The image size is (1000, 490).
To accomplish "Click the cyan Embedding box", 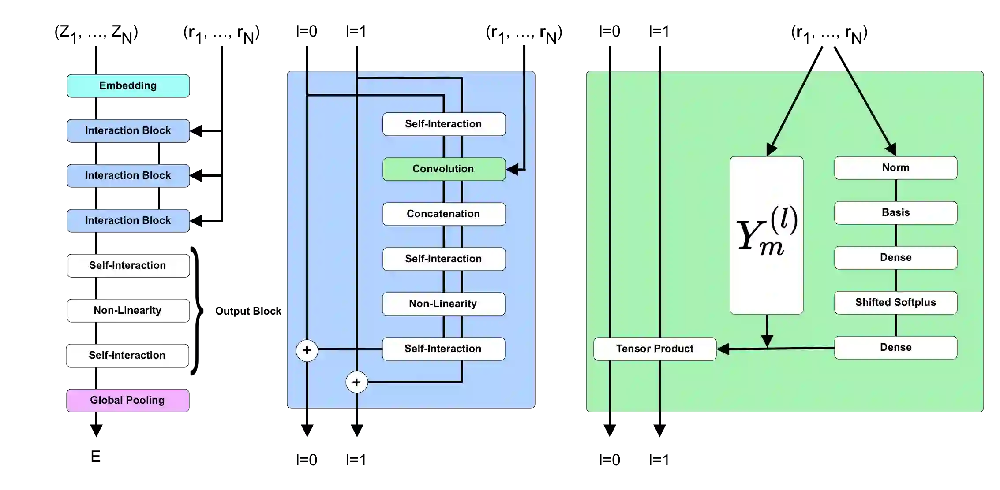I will coord(128,86).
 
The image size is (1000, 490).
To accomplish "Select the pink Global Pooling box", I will coord(128,400).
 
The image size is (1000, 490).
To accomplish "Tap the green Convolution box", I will coord(444,169).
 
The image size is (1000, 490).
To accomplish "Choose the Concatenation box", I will coord(444,214).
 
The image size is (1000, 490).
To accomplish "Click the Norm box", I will coord(895,168).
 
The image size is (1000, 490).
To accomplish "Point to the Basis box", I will coord(895,213).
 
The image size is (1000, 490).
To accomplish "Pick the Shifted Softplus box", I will coord(895,303).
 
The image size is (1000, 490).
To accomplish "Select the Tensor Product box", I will coord(655,349).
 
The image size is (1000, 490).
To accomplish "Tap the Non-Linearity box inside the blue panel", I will coord(443,304).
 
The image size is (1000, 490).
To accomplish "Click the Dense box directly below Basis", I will coord(895,258).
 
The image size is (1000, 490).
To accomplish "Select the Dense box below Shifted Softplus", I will coord(895,348).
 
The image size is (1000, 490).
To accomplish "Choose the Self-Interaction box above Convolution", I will coord(444,124).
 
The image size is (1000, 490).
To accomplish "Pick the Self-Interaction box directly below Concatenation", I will coord(444,259).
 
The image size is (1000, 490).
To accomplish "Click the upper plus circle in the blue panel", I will coord(307,351).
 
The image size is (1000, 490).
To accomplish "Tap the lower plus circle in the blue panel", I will coord(356,382).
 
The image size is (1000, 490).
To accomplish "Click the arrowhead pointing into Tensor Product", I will coord(723,349).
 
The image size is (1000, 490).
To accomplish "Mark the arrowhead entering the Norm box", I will coord(891,150).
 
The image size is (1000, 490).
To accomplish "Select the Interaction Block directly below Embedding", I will coord(128,131).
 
